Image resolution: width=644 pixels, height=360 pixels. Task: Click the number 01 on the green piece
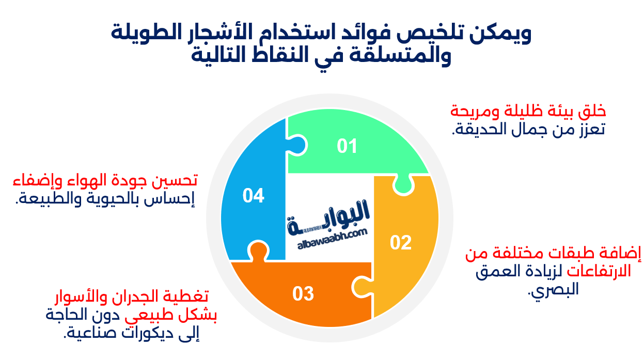[347, 147]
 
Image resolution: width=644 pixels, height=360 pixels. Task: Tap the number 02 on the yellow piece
[400, 242]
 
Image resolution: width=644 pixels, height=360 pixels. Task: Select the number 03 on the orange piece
[303, 294]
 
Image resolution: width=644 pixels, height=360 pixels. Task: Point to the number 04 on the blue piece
[254, 196]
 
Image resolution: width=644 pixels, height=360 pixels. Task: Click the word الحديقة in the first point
[477, 130]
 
